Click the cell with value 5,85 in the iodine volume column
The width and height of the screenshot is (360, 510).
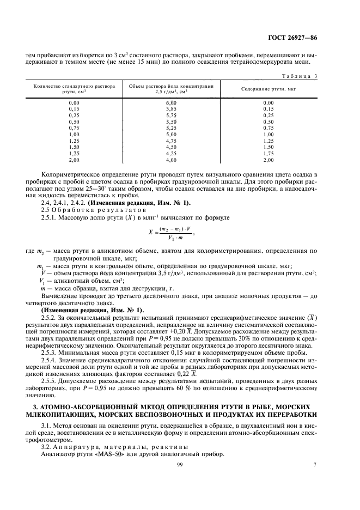click(170, 108)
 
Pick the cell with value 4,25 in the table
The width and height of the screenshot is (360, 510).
click(170, 154)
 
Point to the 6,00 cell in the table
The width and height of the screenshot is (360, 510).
click(170, 102)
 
